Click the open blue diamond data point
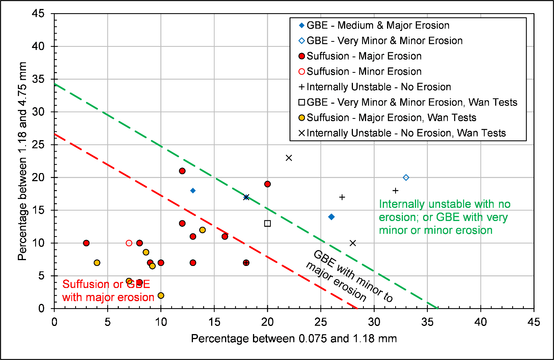point(406,178)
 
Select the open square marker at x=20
point(267,223)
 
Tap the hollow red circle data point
point(129,243)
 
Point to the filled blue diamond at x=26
point(331,217)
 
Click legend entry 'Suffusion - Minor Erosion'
point(363,72)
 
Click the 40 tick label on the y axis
point(38,46)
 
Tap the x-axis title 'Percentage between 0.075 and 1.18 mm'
point(294,339)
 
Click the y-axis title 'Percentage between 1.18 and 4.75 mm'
point(22,161)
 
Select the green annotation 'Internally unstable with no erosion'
point(444,217)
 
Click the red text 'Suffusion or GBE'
point(106,285)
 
